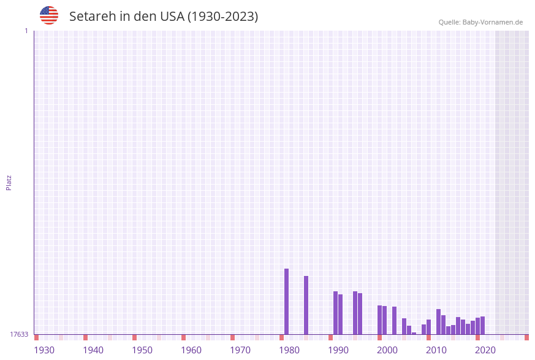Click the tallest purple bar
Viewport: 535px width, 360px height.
coord(286,301)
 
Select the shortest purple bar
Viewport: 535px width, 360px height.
coord(414,333)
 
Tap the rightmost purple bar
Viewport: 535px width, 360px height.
coord(482,325)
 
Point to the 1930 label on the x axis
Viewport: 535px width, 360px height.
coord(44,350)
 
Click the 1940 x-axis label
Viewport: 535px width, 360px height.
coord(93,350)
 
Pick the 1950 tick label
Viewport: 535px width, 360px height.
coord(142,350)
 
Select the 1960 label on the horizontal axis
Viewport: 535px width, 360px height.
coord(191,350)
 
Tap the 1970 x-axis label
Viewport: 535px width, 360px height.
coord(240,350)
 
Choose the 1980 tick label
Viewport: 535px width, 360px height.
coord(289,350)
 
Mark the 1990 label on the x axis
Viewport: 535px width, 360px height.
coord(338,350)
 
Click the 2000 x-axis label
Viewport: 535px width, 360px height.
coord(387,350)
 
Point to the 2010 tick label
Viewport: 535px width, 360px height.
coord(436,350)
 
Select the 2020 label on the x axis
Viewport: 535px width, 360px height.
coord(485,350)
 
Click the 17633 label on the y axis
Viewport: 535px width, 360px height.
coord(19,334)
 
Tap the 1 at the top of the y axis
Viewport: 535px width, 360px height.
coord(26,31)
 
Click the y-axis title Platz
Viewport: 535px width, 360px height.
coord(9,182)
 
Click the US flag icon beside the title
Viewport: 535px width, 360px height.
coord(49,15)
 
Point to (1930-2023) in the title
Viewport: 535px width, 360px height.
coord(222,17)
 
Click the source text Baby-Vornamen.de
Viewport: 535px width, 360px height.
coord(492,22)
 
